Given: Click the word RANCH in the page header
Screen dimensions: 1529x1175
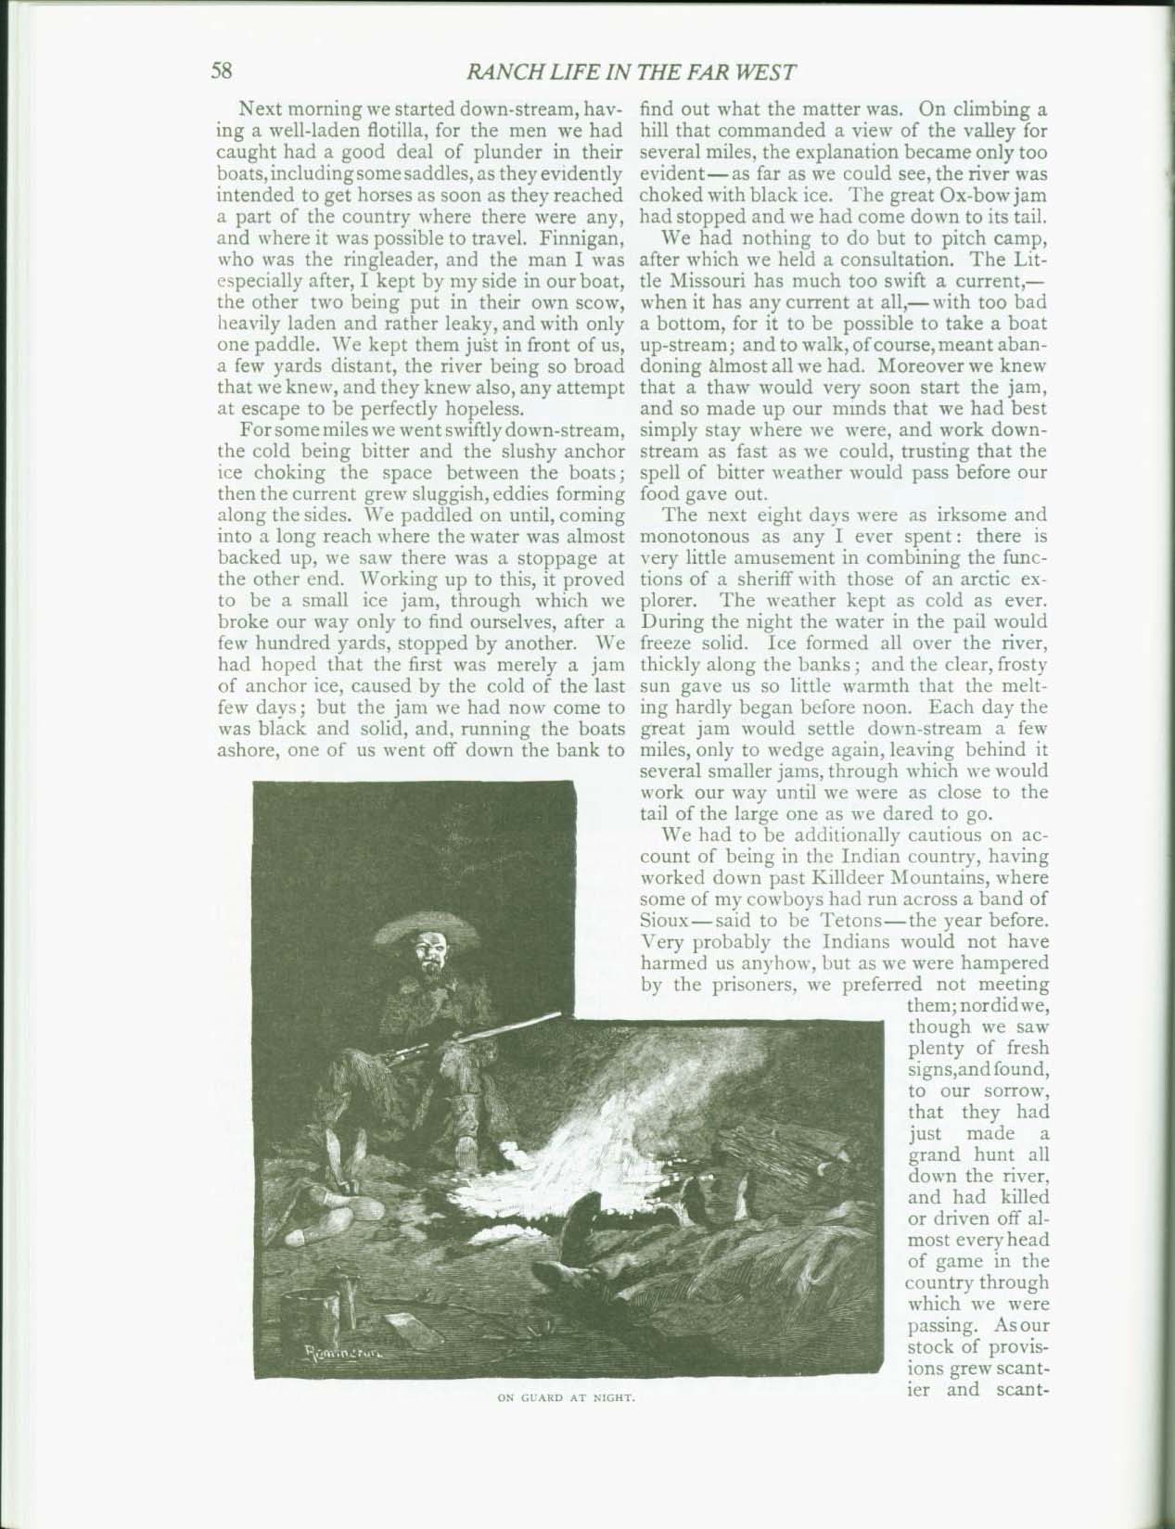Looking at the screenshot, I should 503,71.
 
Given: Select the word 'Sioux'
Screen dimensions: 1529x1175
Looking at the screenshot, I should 664,920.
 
